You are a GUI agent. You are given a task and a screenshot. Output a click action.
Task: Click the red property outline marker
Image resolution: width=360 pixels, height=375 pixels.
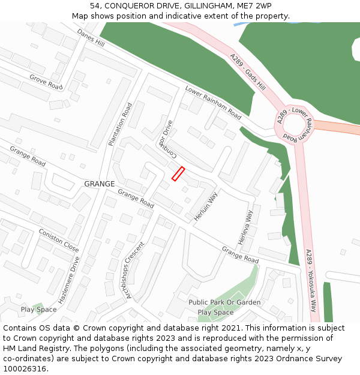tap(178, 173)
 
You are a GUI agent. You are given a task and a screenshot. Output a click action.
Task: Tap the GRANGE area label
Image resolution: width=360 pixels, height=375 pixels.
tap(99, 184)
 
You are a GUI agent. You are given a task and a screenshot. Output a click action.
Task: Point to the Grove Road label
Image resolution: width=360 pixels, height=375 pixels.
tap(46, 82)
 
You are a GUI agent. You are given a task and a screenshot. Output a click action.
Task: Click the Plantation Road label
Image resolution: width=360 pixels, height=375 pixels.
tap(120, 124)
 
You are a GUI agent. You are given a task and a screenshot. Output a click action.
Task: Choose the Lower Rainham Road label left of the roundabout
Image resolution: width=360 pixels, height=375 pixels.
tap(213, 102)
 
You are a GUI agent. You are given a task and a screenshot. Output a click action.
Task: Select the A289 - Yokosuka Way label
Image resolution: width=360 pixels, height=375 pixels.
tap(311, 280)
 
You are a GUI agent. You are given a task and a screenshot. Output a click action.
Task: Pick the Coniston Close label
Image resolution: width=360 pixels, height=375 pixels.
tap(59, 240)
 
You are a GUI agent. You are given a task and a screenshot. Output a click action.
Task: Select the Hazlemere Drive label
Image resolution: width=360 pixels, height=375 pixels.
tap(69, 279)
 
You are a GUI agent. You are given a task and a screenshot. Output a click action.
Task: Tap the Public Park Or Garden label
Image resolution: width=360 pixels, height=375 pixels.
tap(224, 302)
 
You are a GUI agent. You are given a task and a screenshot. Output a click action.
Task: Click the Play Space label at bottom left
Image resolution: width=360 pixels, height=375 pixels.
tap(38, 310)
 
